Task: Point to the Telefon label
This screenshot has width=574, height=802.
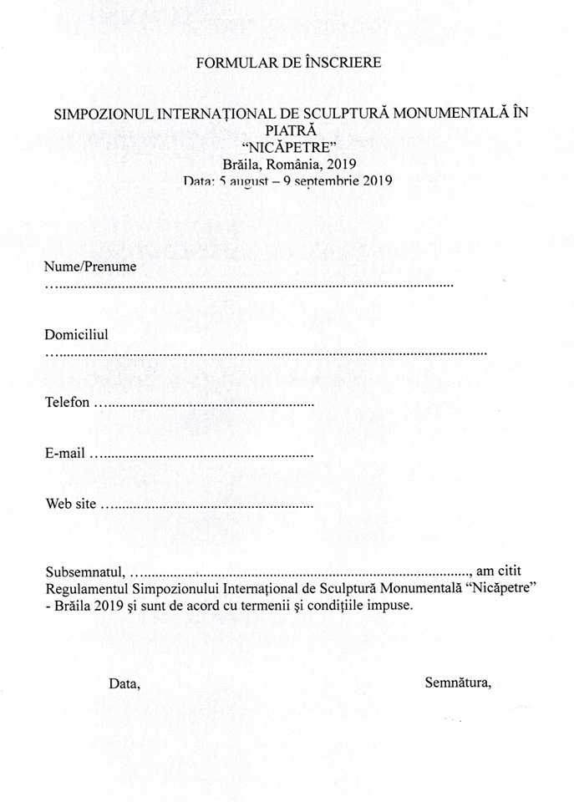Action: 67,403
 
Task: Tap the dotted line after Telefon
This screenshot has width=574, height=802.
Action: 205,405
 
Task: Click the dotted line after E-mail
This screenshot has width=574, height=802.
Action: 202,456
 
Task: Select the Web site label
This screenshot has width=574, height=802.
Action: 71,505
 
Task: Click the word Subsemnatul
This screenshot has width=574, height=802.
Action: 84,572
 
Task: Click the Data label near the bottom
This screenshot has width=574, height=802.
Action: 124,683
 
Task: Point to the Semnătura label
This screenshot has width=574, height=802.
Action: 458,683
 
